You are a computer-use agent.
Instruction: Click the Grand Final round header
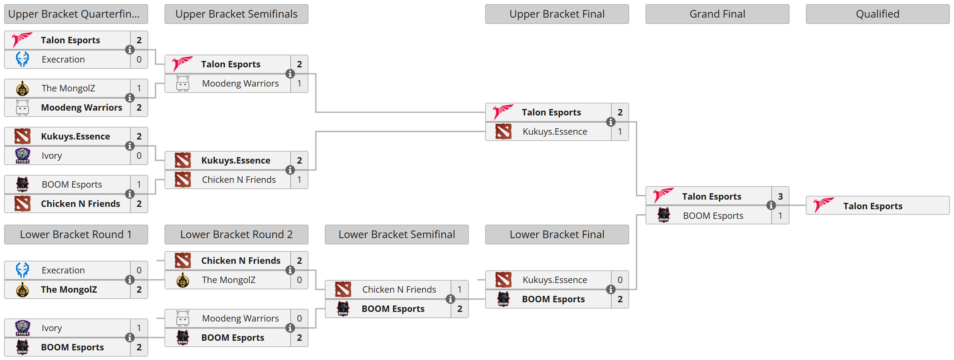coord(717,14)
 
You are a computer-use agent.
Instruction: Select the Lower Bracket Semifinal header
coord(396,235)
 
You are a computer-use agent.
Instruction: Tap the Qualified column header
coord(877,14)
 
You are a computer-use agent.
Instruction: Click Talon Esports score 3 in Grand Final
coord(780,196)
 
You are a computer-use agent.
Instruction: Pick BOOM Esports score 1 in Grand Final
coord(780,216)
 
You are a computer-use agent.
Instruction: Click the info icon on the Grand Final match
coord(771,206)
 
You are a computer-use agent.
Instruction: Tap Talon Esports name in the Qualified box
coord(873,206)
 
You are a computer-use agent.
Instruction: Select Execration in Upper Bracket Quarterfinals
coord(63,59)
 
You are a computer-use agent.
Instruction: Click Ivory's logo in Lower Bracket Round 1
coord(22,328)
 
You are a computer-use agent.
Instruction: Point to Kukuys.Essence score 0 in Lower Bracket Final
coord(620,280)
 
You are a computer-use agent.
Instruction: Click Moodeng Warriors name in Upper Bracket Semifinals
coord(240,83)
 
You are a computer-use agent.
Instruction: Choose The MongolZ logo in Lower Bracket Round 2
coord(183,280)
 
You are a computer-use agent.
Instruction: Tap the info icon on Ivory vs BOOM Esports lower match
coord(129,338)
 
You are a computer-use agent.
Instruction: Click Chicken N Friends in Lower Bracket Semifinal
coord(399,289)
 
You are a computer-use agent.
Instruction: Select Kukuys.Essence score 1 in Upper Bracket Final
coord(620,131)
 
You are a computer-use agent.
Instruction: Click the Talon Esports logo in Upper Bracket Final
coord(503,112)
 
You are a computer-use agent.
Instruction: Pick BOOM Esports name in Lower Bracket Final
coord(553,299)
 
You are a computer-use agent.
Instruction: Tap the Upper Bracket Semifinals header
coord(236,14)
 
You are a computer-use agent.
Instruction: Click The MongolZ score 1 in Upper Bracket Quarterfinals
coord(139,88)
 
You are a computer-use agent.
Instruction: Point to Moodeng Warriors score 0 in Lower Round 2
coord(299,318)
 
